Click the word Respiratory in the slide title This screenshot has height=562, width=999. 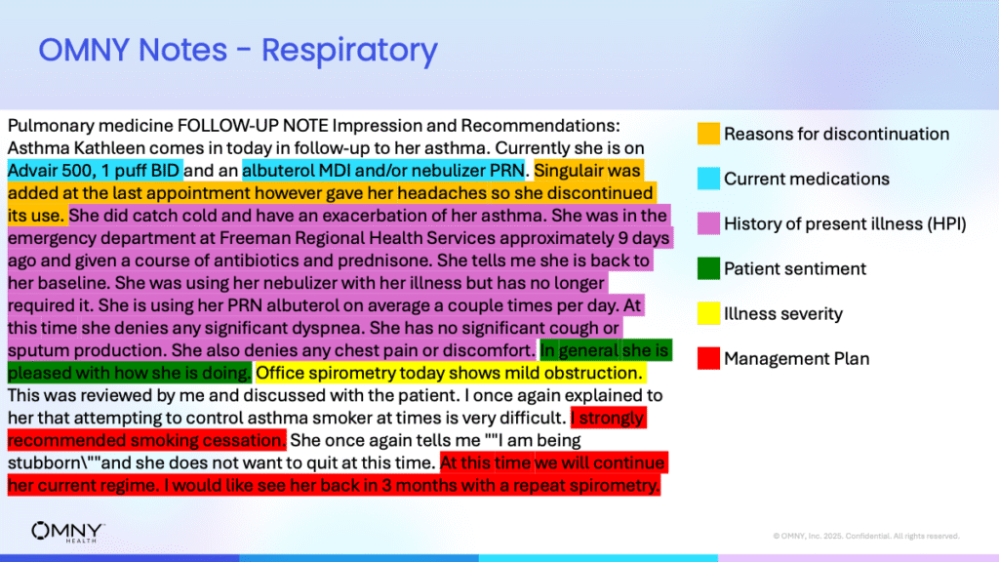click(x=349, y=51)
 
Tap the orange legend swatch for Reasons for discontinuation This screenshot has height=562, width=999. click(x=708, y=134)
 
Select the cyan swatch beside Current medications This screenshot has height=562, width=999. click(x=708, y=180)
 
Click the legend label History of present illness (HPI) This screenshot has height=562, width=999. click(x=845, y=224)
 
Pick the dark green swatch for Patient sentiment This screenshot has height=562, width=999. click(x=708, y=268)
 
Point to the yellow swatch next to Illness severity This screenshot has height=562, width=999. click(x=708, y=313)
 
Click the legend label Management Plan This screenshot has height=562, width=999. click(x=796, y=359)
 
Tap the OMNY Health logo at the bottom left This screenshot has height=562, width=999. click(x=68, y=532)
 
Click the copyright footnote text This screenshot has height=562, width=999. click(x=866, y=536)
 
